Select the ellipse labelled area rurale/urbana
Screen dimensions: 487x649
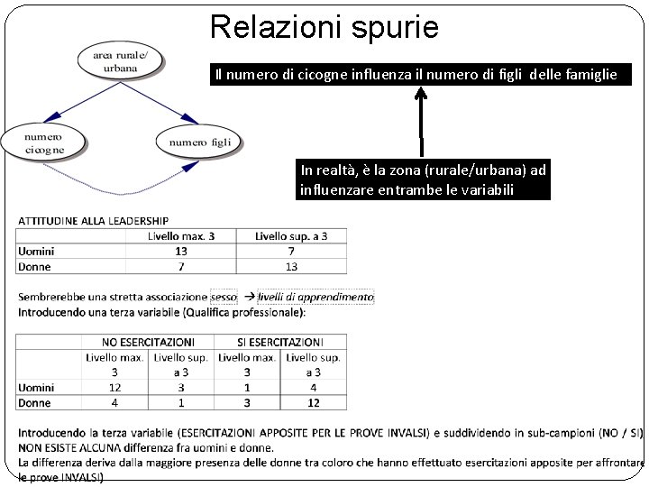(x=120, y=61)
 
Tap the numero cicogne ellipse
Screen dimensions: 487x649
(x=44, y=142)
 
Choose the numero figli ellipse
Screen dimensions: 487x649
(x=199, y=142)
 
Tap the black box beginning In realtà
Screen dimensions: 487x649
(x=424, y=179)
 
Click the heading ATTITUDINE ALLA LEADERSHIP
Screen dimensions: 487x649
(x=93, y=220)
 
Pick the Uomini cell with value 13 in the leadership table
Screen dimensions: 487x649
(x=181, y=252)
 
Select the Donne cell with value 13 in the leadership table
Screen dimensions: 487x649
(x=290, y=267)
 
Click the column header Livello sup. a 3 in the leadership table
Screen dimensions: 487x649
(x=290, y=236)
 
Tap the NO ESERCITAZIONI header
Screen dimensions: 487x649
(x=148, y=342)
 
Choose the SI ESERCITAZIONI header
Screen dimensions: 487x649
(x=279, y=342)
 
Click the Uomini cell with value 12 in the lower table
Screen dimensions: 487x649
(x=114, y=388)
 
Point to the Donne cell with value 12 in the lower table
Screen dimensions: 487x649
(x=312, y=403)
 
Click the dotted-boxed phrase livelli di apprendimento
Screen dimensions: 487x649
(x=315, y=297)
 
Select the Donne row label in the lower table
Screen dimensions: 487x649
(x=35, y=403)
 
